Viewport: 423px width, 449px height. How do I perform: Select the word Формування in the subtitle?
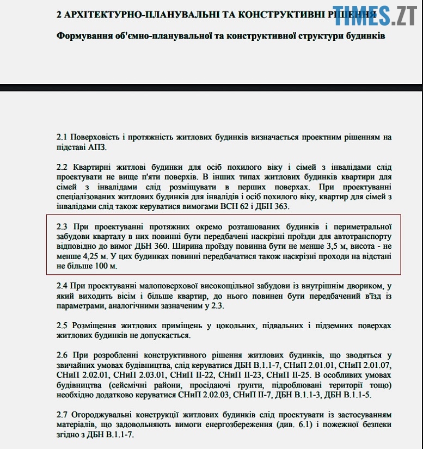[83, 36]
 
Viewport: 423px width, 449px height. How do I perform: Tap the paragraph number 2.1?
[63, 137]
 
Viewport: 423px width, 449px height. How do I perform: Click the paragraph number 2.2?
[63, 167]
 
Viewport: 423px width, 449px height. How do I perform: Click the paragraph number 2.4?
[63, 286]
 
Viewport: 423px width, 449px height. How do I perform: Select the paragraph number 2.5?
[63, 325]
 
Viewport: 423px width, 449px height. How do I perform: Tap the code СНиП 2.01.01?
[310, 365]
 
